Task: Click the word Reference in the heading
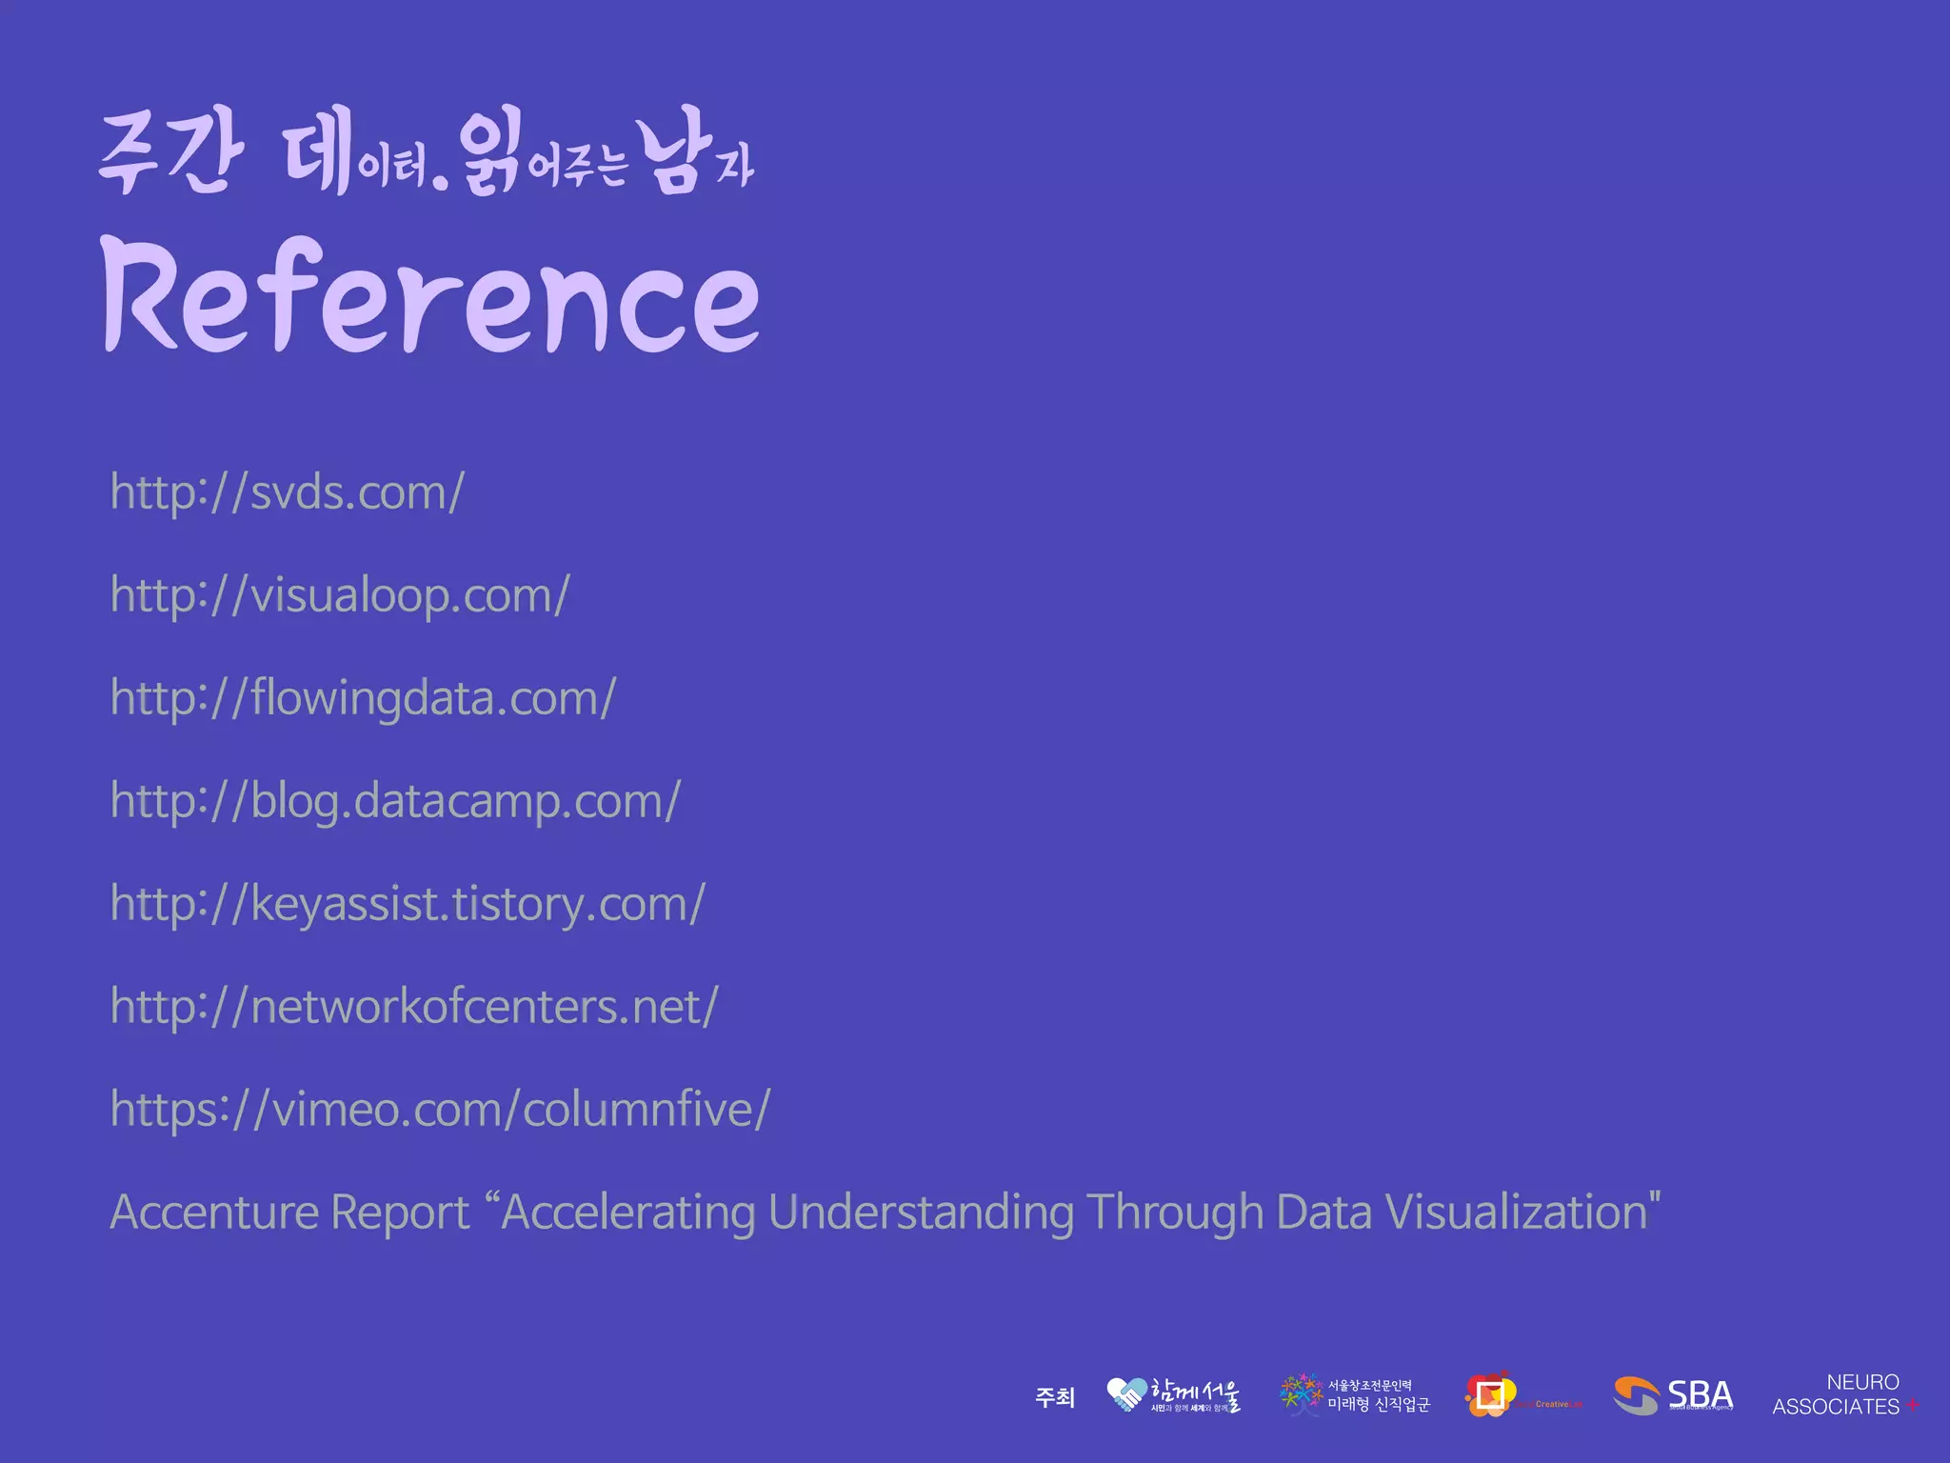(430, 295)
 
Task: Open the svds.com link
(287, 492)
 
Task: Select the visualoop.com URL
(340, 595)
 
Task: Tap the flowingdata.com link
(363, 698)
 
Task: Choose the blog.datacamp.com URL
(395, 801)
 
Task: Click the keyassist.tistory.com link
(408, 904)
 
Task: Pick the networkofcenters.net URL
(414, 1007)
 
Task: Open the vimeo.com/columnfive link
(440, 1110)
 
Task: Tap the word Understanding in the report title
(921, 1212)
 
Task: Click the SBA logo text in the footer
(1700, 1394)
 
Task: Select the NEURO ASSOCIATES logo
(1838, 1394)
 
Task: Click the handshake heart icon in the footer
(1126, 1394)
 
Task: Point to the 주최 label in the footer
(1055, 1397)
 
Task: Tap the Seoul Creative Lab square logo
(1490, 1395)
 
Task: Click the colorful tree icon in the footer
(1301, 1394)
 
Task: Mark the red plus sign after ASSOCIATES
(1912, 1406)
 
